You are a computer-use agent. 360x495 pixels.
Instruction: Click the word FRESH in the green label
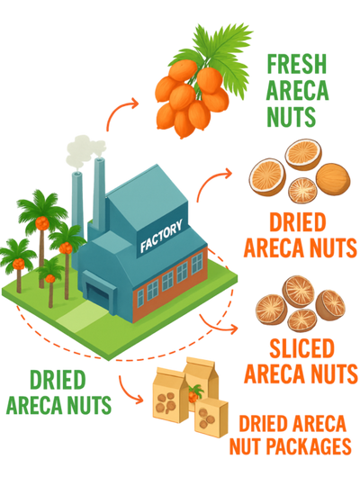click(x=296, y=64)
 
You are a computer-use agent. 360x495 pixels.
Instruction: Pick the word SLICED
click(x=301, y=348)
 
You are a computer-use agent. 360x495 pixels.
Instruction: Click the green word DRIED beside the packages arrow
click(x=58, y=380)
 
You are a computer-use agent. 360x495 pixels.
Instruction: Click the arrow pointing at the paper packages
click(x=128, y=392)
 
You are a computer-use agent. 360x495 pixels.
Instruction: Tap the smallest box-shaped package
click(x=211, y=418)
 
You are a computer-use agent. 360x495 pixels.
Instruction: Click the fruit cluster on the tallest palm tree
click(x=42, y=223)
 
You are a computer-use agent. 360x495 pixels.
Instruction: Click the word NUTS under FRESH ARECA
click(x=292, y=116)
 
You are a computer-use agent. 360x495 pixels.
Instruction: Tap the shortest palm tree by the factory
click(x=49, y=281)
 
